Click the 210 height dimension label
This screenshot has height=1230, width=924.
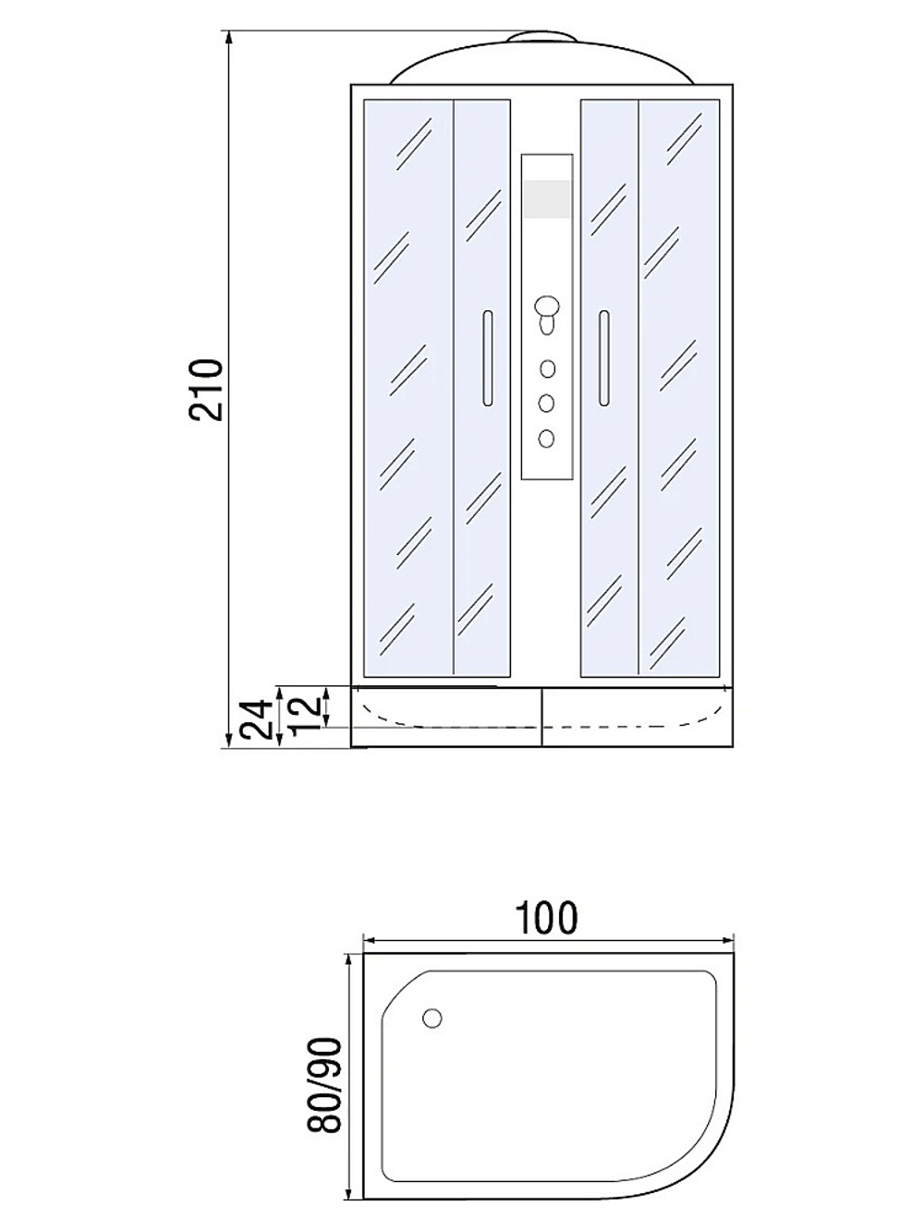(206, 390)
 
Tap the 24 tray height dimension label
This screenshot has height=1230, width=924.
(258, 719)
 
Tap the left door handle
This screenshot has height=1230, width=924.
(487, 358)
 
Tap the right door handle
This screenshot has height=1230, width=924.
(604, 358)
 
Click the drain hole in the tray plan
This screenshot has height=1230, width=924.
(432, 1018)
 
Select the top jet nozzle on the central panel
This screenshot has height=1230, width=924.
(547, 369)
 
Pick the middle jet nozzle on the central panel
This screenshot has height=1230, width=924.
(547, 403)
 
